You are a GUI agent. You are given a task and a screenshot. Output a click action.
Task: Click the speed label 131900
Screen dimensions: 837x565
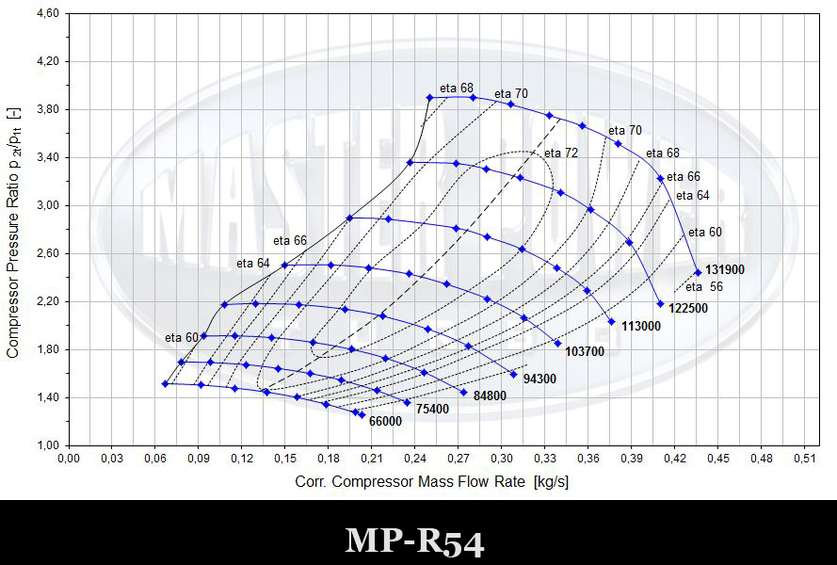click(724, 269)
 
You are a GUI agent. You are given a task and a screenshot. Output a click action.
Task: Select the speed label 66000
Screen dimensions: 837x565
click(385, 421)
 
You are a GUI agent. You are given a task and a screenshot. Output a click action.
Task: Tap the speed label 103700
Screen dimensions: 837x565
click(585, 351)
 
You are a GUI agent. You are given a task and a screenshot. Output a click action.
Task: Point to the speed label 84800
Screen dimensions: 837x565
click(490, 395)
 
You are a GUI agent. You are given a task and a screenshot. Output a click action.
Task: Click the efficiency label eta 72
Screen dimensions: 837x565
click(561, 153)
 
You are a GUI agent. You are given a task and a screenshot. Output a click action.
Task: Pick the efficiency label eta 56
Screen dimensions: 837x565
click(704, 287)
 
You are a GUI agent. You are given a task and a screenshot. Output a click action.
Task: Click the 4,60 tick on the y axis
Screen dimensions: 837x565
click(48, 13)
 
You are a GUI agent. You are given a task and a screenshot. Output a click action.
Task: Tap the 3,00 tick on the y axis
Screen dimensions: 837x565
click(48, 205)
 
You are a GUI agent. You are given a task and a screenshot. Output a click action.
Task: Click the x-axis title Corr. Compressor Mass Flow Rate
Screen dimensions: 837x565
click(410, 482)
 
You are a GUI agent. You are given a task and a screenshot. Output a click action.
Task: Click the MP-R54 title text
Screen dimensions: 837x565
click(414, 541)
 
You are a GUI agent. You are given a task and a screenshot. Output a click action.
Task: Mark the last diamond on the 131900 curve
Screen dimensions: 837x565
click(698, 272)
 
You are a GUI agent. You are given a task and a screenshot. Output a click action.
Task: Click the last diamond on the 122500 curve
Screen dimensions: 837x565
click(660, 304)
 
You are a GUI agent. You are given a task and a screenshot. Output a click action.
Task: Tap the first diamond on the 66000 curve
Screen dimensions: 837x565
click(165, 384)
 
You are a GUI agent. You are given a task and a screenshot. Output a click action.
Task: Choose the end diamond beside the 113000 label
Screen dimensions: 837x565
click(612, 322)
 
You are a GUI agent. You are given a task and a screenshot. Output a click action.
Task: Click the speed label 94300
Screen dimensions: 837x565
click(539, 379)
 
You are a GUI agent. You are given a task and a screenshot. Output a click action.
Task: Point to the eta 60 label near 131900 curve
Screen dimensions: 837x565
click(704, 233)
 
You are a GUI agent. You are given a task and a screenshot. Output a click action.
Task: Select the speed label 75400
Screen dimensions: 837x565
click(432, 409)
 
